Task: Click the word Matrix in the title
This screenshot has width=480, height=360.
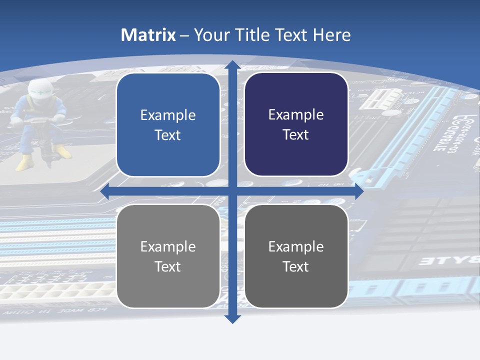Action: (x=148, y=35)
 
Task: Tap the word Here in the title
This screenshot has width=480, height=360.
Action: (x=331, y=35)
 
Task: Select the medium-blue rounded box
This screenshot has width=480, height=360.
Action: (x=168, y=125)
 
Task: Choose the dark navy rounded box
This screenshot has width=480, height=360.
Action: (x=296, y=124)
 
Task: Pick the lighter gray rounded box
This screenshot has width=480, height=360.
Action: (x=168, y=256)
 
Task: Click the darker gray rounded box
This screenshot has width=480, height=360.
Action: (x=296, y=256)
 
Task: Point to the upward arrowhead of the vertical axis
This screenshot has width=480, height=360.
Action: (x=231, y=65)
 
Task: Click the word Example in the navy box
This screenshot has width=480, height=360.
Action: (x=296, y=114)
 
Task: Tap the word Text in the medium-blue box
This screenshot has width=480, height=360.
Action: (x=168, y=135)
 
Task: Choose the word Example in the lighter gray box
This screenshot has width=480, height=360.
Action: (x=168, y=246)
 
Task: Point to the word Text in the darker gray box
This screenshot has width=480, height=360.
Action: (x=296, y=266)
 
